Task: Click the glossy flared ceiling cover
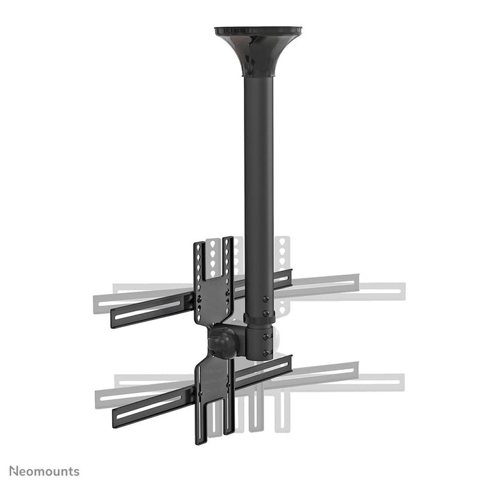tap(258, 48)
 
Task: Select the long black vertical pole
tap(258, 173)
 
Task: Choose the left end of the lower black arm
tap(116, 417)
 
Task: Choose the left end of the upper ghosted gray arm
tap(98, 303)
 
